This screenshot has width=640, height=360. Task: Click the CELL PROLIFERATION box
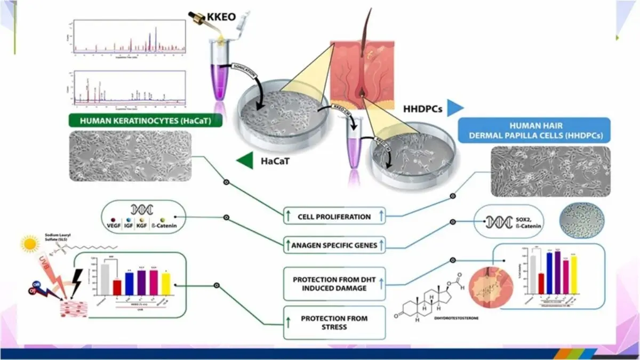(x=334, y=217)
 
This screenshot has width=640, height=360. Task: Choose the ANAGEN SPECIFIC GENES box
(x=334, y=245)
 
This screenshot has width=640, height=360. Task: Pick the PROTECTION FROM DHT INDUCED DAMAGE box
(x=334, y=284)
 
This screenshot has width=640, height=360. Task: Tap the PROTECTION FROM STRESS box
(x=334, y=323)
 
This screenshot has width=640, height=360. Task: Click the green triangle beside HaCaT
(x=245, y=158)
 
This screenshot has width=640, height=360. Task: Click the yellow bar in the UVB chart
(x=166, y=284)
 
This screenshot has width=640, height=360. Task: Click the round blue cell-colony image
(x=581, y=220)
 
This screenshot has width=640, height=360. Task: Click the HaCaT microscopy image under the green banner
(x=131, y=156)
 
